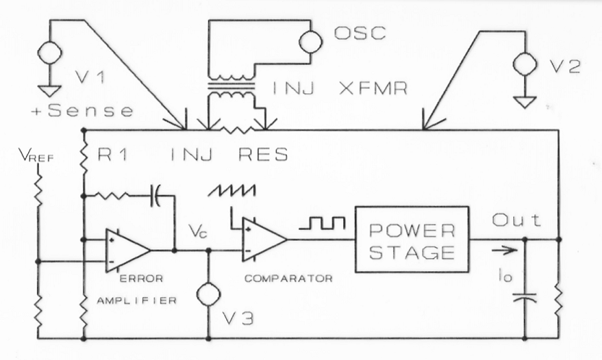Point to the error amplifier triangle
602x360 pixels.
[125, 249]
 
